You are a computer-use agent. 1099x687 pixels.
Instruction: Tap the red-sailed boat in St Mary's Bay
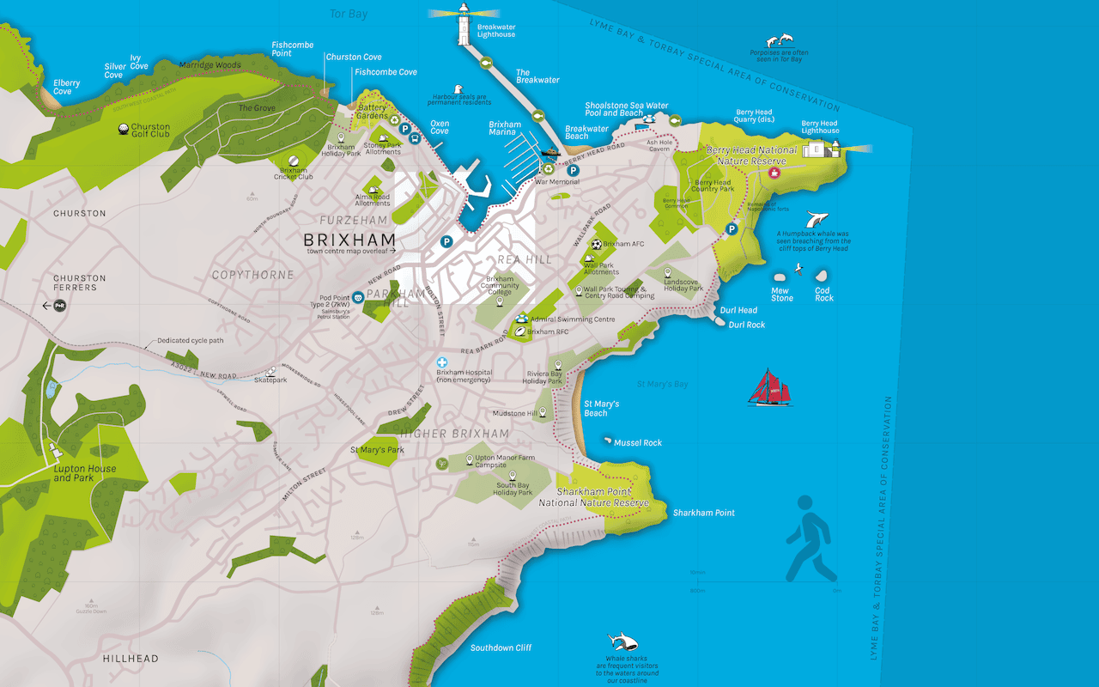tap(768, 387)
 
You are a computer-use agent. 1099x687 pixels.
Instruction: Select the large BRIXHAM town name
tap(349, 240)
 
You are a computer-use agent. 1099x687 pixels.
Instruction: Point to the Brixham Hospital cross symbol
tap(442, 363)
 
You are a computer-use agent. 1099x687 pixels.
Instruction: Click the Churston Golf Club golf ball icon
tap(124, 131)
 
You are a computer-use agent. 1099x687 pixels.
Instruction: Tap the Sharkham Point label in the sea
tap(703, 513)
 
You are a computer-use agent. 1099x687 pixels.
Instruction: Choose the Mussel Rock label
tap(638, 443)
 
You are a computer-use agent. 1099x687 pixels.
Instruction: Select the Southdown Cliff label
tap(501, 647)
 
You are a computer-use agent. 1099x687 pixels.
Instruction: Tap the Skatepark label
tap(270, 380)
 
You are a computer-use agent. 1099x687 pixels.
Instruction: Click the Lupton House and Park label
tap(84, 473)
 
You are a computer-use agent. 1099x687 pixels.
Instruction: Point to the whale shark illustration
tap(622, 641)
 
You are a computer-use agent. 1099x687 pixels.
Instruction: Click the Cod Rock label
tap(823, 294)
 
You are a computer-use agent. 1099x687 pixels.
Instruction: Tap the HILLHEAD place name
tap(131, 659)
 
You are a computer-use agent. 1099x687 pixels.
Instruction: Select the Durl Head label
tap(738, 310)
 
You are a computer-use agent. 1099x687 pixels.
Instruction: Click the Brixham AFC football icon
tap(597, 244)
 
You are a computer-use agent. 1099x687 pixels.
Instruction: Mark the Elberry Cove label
tap(66, 88)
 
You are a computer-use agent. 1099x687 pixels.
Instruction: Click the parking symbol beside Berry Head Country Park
tap(732, 229)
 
